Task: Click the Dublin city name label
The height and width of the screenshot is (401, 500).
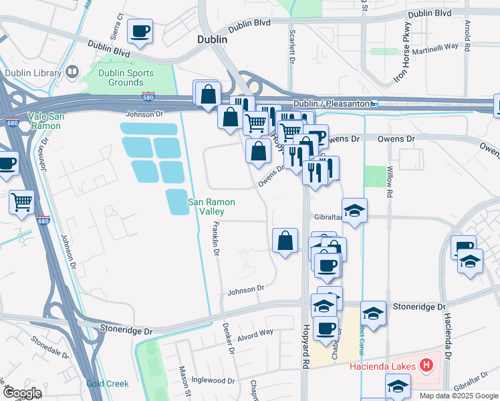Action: [x=213, y=39]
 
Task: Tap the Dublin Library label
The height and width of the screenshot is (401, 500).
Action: [x=34, y=73]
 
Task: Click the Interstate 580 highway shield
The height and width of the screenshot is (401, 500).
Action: [x=149, y=97]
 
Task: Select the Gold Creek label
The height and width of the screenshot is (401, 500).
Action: [x=107, y=384]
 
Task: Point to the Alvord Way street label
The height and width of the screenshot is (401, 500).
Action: [x=255, y=333]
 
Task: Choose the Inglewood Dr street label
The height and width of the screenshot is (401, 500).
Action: [x=212, y=381]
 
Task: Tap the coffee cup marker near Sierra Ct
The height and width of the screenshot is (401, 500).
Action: [x=140, y=31]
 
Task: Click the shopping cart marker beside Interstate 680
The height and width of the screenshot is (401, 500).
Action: [x=22, y=200]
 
